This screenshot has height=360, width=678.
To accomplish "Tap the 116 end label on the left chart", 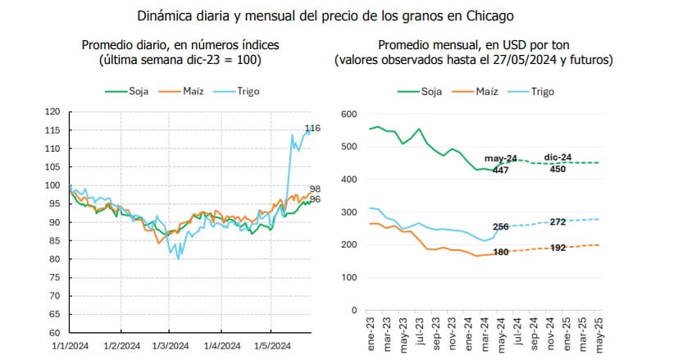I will (x=312, y=128).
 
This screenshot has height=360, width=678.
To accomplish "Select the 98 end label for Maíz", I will (x=315, y=189).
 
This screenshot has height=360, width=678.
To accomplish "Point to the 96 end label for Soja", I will (x=315, y=200).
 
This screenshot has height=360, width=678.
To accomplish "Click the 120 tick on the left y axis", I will (x=52, y=112).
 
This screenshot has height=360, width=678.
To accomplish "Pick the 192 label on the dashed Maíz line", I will (x=557, y=247).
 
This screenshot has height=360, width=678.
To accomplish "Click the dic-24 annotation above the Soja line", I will (x=559, y=157).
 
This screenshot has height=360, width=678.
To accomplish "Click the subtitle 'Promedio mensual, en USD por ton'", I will (x=474, y=45).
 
